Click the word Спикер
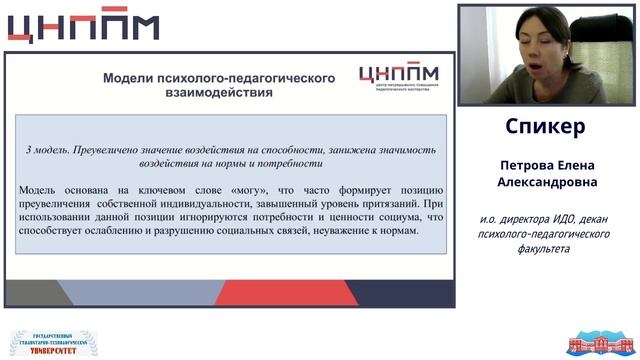546,128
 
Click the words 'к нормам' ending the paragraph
395,231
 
